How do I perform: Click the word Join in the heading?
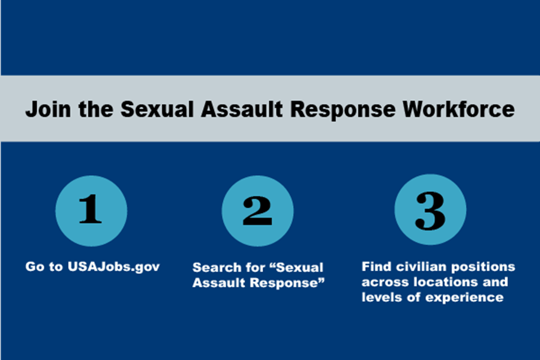tap(48, 110)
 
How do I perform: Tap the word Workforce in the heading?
tap(459, 110)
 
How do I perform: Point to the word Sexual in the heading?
tap(157, 110)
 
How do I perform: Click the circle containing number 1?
tap(91, 211)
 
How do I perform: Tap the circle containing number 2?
tap(257, 211)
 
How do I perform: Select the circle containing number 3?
tap(430, 209)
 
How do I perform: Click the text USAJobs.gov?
tap(113, 267)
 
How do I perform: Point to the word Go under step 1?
tap(34, 266)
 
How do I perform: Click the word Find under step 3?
tap(376, 266)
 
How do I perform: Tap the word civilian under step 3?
tap(421, 266)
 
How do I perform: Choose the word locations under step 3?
tap(446, 282)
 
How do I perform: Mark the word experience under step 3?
tap(464, 298)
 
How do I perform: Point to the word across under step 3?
tap(385, 283)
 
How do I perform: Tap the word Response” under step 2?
tap(287, 283)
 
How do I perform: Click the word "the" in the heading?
tap(96, 110)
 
